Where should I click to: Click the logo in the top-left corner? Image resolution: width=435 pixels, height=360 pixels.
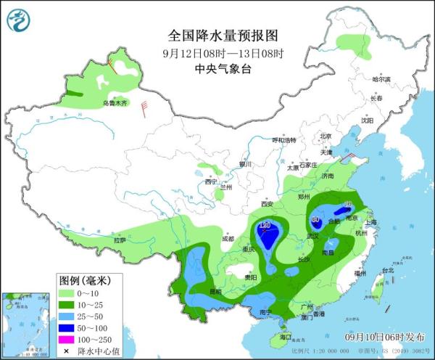pos(18,19)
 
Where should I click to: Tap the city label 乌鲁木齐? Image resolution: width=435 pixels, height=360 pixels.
pos(114,104)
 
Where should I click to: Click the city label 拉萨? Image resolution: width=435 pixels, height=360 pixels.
pos(120,240)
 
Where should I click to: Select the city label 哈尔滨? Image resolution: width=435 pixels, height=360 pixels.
pos(381,79)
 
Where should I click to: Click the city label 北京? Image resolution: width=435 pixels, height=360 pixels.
pos(325,136)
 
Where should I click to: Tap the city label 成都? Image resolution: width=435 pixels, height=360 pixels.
pos(228,238)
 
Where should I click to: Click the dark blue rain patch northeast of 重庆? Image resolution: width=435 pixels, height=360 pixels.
pos(267,234)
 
